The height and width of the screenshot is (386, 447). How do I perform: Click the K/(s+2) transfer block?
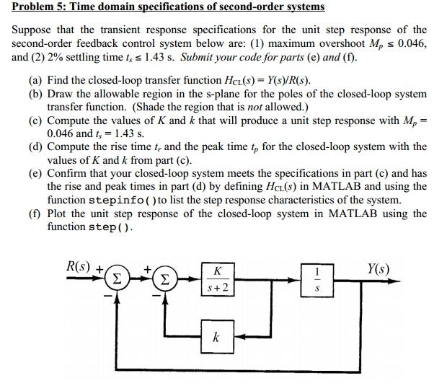(x=218, y=279)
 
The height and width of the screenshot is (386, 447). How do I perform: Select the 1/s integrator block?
(x=317, y=281)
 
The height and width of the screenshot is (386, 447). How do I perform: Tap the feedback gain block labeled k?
(x=217, y=337)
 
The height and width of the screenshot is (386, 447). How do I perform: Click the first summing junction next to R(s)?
(x=117, y=278)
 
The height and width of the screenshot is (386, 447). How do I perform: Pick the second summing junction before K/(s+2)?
(x=165, y=279)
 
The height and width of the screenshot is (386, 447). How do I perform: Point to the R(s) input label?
(x=78, y=266)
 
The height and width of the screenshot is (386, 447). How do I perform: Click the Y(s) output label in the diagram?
(x=378, y=268)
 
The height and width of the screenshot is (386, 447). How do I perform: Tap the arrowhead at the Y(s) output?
(x=395, y=281)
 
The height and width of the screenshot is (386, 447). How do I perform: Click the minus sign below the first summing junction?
(x=107, y=296)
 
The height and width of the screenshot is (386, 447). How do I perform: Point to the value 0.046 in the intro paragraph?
(x=412, y=43)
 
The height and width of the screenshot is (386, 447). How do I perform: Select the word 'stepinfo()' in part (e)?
(x=123, y=201)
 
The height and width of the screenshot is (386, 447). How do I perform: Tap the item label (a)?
(x=35, y=81)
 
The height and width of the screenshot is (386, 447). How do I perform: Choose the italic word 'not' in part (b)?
(x=255, y=107)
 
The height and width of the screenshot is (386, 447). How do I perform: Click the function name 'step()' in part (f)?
(x=110, y=227)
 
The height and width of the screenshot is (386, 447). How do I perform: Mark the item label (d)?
(x=35, y=147)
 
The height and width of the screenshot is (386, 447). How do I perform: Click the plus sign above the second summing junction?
(x=147, y=269)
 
